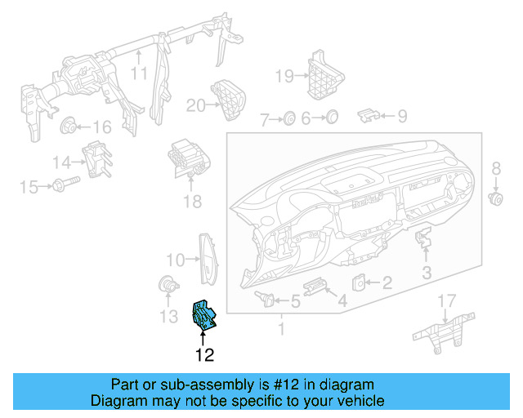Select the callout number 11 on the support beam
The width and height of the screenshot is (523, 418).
[x=140, y=73]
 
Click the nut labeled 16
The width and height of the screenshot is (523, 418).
[x=69, y=126]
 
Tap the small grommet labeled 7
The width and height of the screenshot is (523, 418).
[x=288, y=119]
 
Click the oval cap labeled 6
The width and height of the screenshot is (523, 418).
[x=332, y=118]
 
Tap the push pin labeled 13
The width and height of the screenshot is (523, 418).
[x=168, y=285]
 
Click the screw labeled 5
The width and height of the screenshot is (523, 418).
[x=263, y=297]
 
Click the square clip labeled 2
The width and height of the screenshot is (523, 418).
[x=359, y=282]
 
